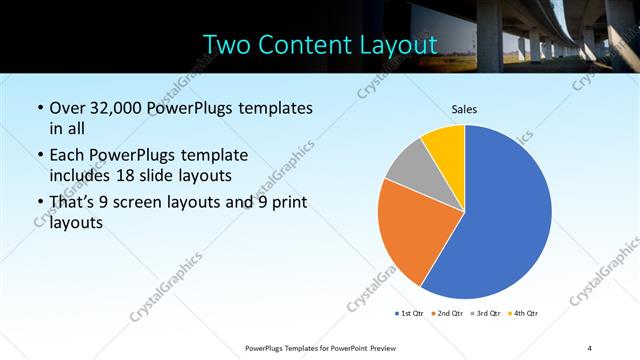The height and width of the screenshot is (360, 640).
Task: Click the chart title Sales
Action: tap(464, 108)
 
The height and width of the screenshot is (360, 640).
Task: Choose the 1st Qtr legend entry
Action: tap(408, 313)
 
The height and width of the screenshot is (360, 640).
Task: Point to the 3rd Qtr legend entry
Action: tap(487, 313)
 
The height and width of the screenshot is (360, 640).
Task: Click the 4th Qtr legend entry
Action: tap(524, 313)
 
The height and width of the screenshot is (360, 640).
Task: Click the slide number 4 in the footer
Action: tap(589, 347)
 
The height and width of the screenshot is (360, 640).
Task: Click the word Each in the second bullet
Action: tap(67, 155)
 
